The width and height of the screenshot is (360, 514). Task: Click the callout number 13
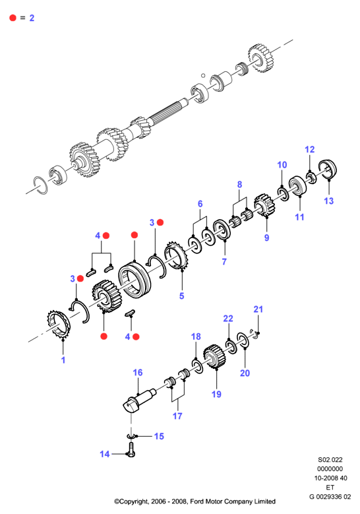pos(328,201)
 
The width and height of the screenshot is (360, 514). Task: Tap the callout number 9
pos(266,238)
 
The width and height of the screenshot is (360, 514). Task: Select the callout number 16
pos(138,372)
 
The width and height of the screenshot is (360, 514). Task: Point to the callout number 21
pos(258,309)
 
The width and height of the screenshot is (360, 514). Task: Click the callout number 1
pos(63,360)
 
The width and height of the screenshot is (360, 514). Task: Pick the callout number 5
pos(181,296)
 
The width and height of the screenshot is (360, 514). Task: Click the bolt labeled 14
pos(131,449)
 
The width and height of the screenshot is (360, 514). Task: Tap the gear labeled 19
pos(214,357)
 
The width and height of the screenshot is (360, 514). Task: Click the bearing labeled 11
pos(297,186)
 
